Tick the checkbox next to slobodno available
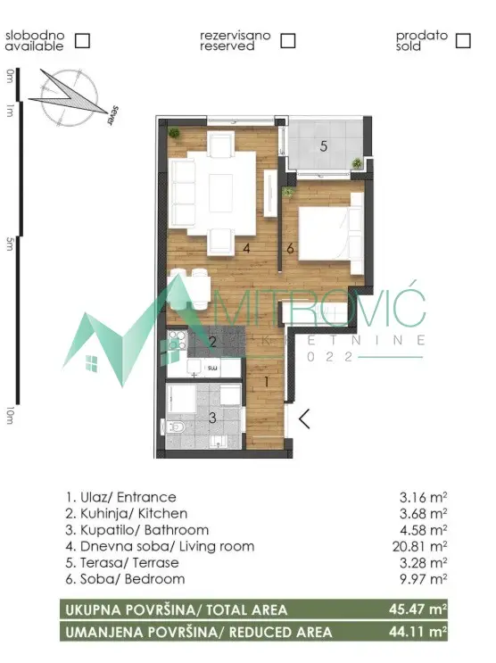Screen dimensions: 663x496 point(83,40)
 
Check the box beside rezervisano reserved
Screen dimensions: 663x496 point(287,40)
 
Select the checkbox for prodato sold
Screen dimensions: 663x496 point(462,40)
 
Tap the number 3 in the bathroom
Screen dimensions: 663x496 point(211,417)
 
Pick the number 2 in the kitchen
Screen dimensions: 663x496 point(212,341)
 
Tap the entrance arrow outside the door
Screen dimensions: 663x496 point(304,418)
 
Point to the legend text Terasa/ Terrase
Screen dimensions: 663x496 point(121,562)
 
